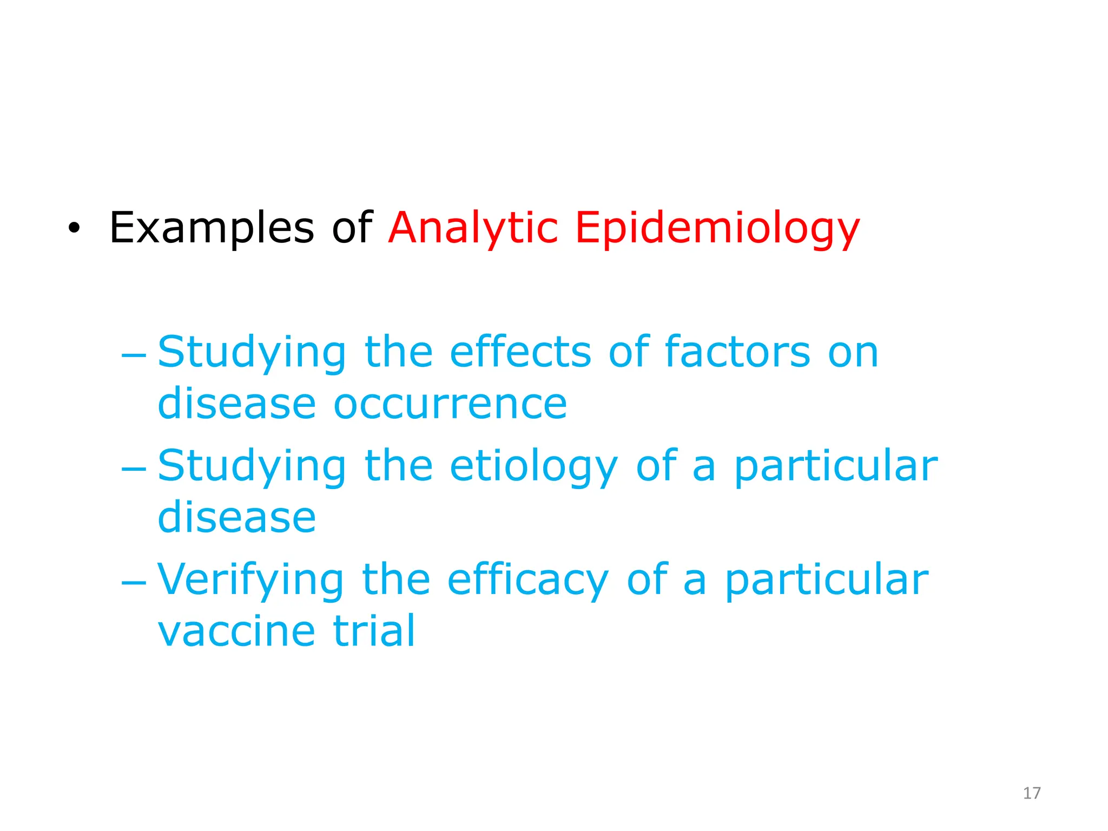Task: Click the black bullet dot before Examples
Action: click(x=74, y=229)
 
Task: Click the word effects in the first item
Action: click(x=520, y=352)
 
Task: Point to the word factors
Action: click(x=737, y=352)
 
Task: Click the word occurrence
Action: click(x=450, y=404)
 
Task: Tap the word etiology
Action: click(x=533, y=466)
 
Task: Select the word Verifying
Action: click(x=250, y=580)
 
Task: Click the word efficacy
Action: click(x=528, y=580)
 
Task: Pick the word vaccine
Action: click(x=236, y=631)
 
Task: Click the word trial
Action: click(x=374, y=631)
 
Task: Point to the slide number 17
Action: click(x=1032, y=793)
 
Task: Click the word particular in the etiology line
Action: click(x=836, y=466)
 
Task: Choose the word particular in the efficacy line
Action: click(x=827, y=580)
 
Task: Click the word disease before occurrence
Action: click(x=236, y=404)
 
